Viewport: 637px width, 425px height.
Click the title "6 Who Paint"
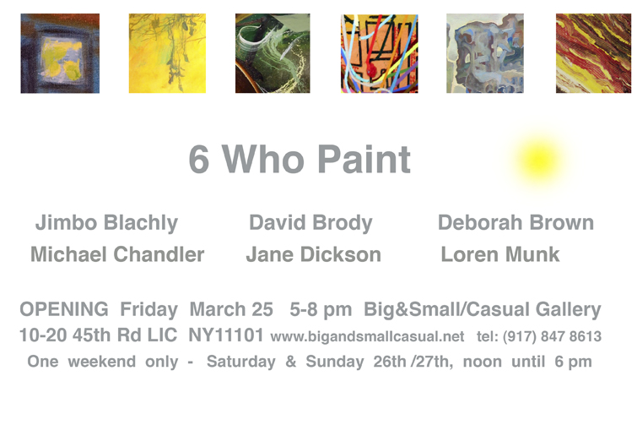point(300,160)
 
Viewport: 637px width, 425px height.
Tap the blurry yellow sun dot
point(538,161)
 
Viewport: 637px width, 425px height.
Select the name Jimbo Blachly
point(106,223)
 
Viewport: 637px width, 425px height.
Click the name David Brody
point(310,223)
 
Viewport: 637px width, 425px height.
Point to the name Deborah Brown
point(516,222)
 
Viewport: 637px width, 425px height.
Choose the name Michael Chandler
point(117,254)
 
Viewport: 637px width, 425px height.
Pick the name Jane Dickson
point(314,254)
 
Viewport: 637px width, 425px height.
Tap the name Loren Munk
point(500,254)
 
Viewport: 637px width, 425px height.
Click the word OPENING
point(64,309)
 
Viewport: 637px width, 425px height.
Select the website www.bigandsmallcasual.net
point(367,337)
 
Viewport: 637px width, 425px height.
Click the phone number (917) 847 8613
point(552,337)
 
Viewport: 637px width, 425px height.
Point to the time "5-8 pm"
point(321,310)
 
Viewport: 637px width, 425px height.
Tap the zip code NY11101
point(226,335)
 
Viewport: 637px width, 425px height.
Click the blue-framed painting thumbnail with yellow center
point(60,53)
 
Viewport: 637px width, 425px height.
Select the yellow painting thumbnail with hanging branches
point(167,53)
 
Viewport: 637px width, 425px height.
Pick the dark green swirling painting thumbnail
point(273,53)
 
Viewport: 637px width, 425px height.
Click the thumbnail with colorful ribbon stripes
point(380,54)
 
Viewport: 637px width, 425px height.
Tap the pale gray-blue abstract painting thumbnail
point(485,53)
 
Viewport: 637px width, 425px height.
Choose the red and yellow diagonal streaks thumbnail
point(593,53)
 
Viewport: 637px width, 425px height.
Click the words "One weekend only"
point(103,362)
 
